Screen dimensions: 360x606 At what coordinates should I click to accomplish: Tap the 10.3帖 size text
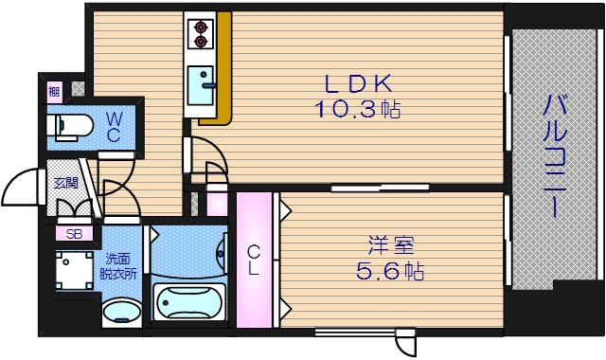(x=357, y=109)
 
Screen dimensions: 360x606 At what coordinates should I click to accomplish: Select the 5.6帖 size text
(x=383, y=273)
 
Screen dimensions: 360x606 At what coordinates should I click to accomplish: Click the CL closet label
(x=254, y=260)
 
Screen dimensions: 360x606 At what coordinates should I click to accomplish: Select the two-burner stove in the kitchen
(x=202, y=34)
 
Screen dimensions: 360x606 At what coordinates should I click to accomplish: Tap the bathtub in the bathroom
(x=190, y=304)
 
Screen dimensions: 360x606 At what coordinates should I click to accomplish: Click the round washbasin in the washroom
(x=120, y=312)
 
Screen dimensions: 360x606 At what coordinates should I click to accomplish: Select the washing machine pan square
(x=73, y=269)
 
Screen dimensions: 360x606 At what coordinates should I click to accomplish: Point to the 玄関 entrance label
(x=64, y=184)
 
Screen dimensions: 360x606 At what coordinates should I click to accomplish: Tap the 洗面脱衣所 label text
(x=120, y=264)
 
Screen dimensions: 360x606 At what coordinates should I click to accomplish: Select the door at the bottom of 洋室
(x=406, y=342)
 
